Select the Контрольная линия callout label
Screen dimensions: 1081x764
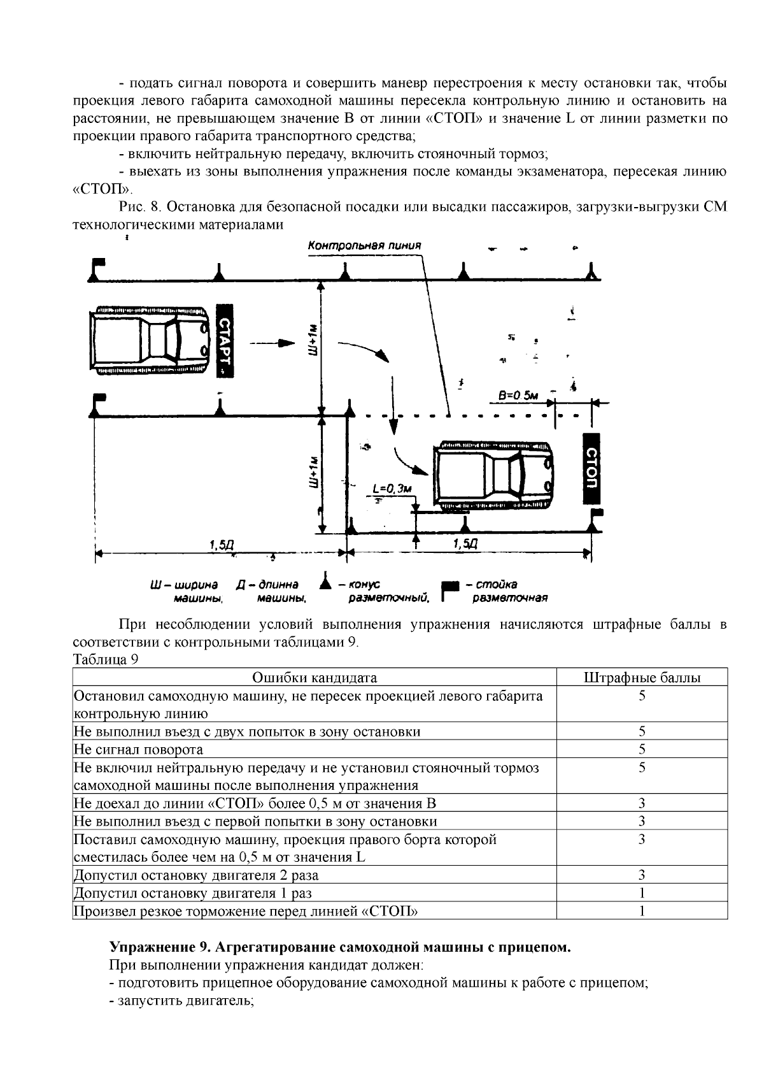click(364, 245)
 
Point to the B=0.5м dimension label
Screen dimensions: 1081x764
click(518, 396)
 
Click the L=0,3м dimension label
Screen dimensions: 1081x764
click(392, 489)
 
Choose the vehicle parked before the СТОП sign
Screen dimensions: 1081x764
click(493, 475)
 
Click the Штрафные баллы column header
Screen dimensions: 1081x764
click(642, 678)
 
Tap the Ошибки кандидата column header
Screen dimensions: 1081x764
click(315, 678)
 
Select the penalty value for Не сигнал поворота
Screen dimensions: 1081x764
click(642, 749)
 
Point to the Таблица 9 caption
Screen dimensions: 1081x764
click(106, 660)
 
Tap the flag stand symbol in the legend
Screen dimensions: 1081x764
click(450, 589)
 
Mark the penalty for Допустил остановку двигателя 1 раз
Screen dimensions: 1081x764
click(642, 893)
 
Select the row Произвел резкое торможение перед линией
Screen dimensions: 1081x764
click(246, 911)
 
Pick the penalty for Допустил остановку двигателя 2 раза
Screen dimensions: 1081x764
click(642, 875)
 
